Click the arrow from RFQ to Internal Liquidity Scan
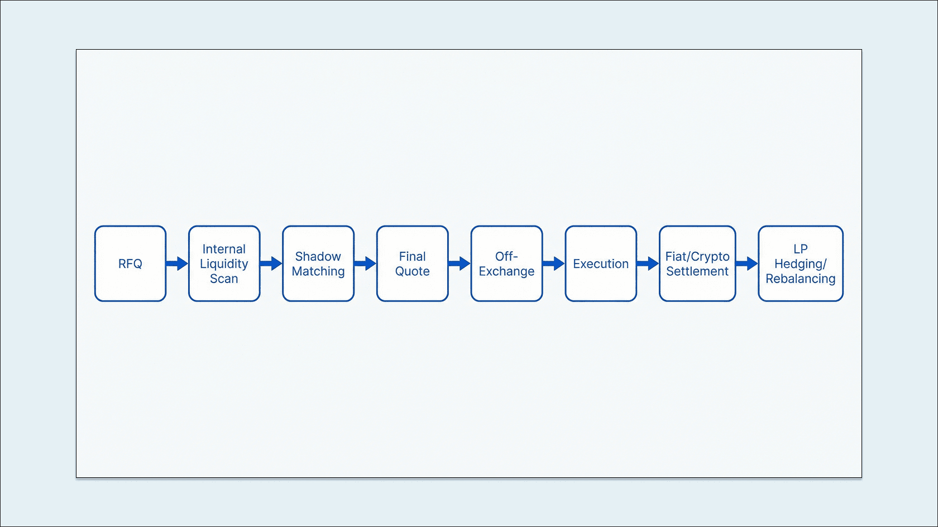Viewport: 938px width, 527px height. pos(177,263)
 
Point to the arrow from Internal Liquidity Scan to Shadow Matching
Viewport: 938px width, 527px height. pos(271,263)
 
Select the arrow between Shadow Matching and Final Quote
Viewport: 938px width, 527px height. pos(365,263)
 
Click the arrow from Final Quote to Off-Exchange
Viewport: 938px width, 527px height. pos(460,263)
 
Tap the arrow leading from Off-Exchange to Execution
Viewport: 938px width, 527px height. pos(554,263)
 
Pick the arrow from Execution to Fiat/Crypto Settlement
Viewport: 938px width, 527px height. pos(648,263)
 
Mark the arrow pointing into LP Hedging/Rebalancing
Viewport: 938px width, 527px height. pos(747,263)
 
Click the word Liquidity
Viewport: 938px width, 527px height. pos(224,264)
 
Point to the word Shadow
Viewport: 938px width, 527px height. pos(318,256)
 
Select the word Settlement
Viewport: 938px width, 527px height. pos(697,271)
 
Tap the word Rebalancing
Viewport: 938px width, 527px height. pos(800,279)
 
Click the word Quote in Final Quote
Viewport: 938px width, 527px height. pos(412,271)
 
